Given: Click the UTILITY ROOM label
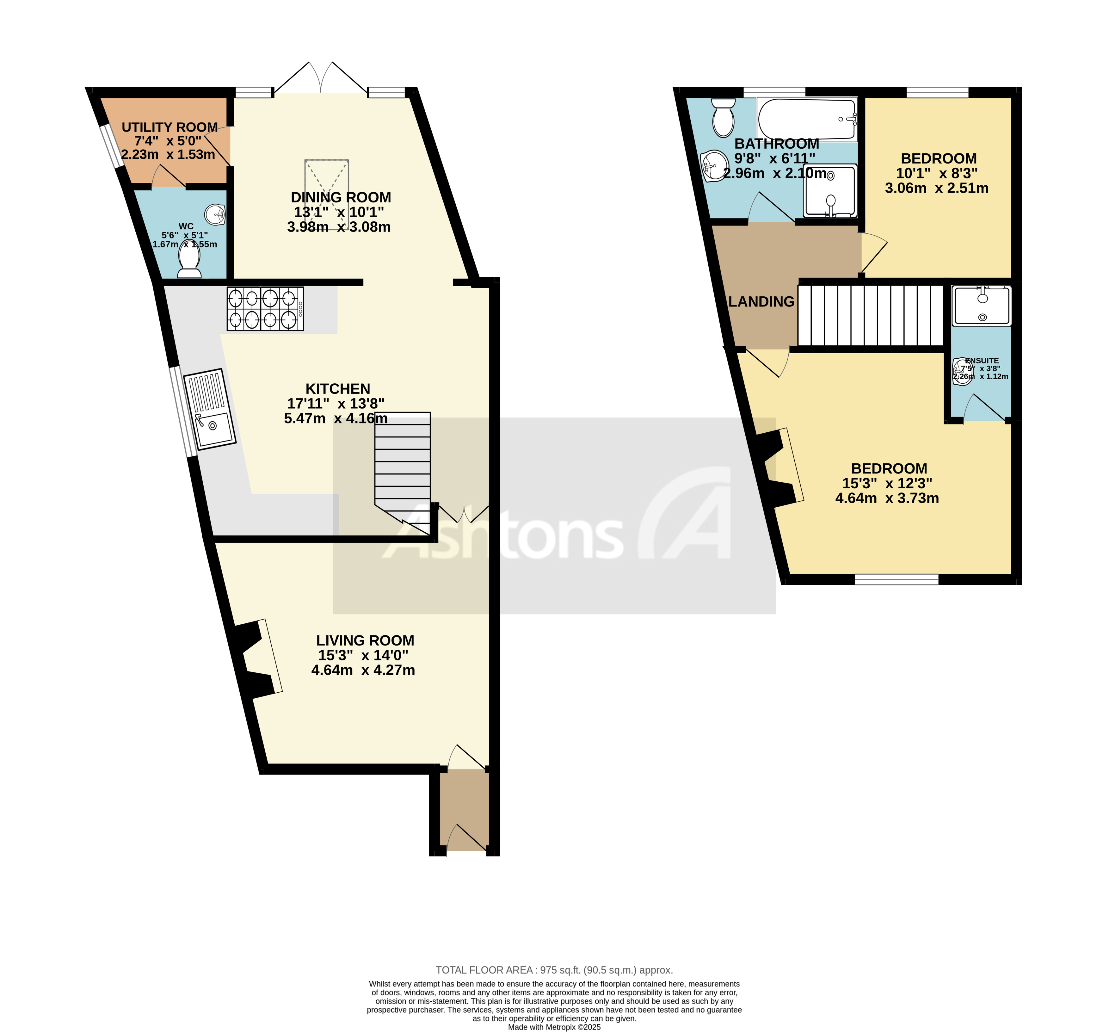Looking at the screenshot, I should [x=169, y=127].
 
